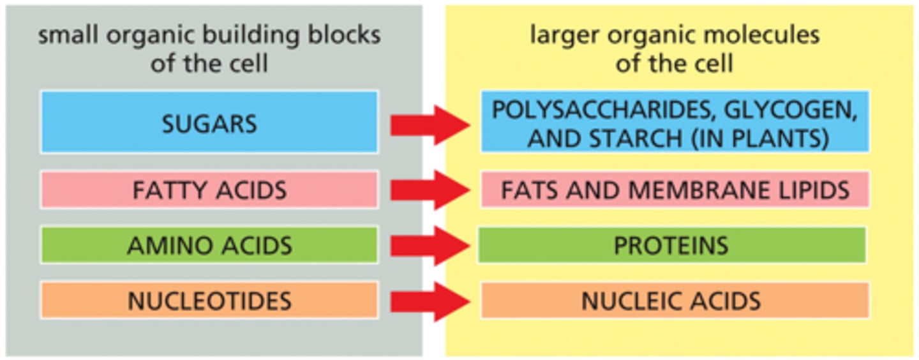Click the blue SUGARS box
(x=209, y=122)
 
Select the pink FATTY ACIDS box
(x=209, y=190)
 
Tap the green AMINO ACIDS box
(x=209, y=245)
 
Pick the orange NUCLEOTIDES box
(x=209, y=301)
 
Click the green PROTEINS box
(x=671, y=245)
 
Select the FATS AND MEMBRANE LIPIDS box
(x=675, y=190)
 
